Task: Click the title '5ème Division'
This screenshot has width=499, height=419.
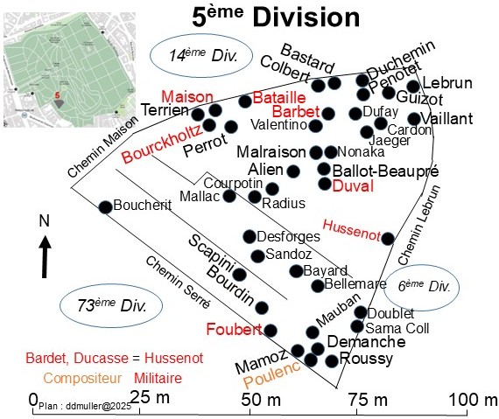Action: pyautogui.click(x=276, y=17)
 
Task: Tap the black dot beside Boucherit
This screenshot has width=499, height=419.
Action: pyautogui.click(x=105, y=207)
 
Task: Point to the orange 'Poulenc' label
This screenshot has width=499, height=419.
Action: pyautogui.click(x=272, y=374)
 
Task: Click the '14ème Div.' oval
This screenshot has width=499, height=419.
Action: pyautogui.click(x=201, y=56)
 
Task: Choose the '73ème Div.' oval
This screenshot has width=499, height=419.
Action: pyautogui.click(x=111, y=306)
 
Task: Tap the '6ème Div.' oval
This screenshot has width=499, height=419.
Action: pyautogui.click(x=422, y=288)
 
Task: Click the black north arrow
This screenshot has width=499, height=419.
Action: pyautogui.click(x=46, y=257)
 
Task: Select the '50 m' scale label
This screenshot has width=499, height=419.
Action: pyautogui.click(x=261, y=400)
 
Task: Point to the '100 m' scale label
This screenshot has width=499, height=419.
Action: pyautogui.click(x=474, y=399)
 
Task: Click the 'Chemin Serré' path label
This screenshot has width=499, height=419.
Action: pyautogui.click(x=178, y=283)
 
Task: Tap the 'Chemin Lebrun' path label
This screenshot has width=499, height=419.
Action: pyautogui.click(x=419, y=225)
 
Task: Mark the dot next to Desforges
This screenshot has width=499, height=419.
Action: pyautogui.click(x=249, y=236)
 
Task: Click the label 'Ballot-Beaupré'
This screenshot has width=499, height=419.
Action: pyautogui.click(x=385, y=171)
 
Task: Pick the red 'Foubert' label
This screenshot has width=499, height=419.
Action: pyautogui.click(x=235, y=329)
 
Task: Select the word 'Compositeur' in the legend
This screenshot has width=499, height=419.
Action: pyautogui.click(x=82, y=378)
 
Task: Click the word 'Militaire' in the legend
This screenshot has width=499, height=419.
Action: pyautogui.click(x=158, y=378)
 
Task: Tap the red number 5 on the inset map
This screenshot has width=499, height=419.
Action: pyautogui.click(x=57, y=95)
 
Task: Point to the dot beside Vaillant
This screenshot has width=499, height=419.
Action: pyautogui.click(x=414, y=119)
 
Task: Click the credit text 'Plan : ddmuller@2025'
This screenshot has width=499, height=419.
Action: pyautogui.click(x=85, y=406)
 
